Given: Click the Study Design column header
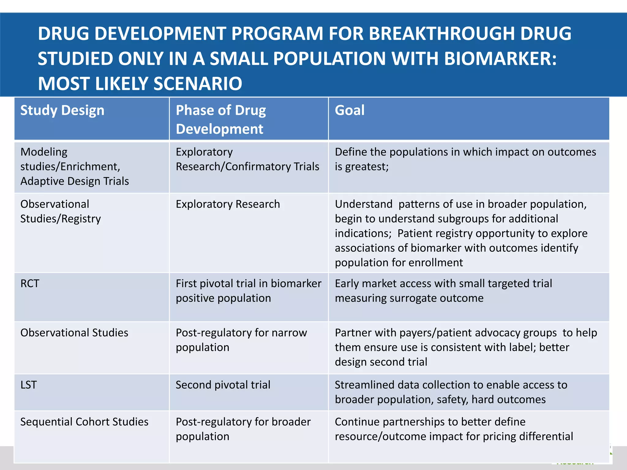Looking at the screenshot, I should point(62,110).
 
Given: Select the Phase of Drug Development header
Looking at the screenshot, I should point(221,119).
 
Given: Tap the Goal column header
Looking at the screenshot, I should point(350,110).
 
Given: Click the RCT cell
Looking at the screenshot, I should point(30,284).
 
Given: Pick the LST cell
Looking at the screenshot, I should point(28,385).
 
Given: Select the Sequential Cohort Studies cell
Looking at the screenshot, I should point(84,422).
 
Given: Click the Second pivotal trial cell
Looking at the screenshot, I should point(223,385).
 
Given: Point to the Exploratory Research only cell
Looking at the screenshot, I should point(228,204).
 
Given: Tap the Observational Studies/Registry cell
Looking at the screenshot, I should point(60,211).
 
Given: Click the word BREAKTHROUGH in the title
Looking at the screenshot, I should point(442,33).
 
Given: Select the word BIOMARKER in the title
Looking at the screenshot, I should point(500,58).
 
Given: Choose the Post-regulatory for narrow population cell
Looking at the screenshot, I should point(241,340).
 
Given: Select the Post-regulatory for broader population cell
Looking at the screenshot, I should point(243,429).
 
